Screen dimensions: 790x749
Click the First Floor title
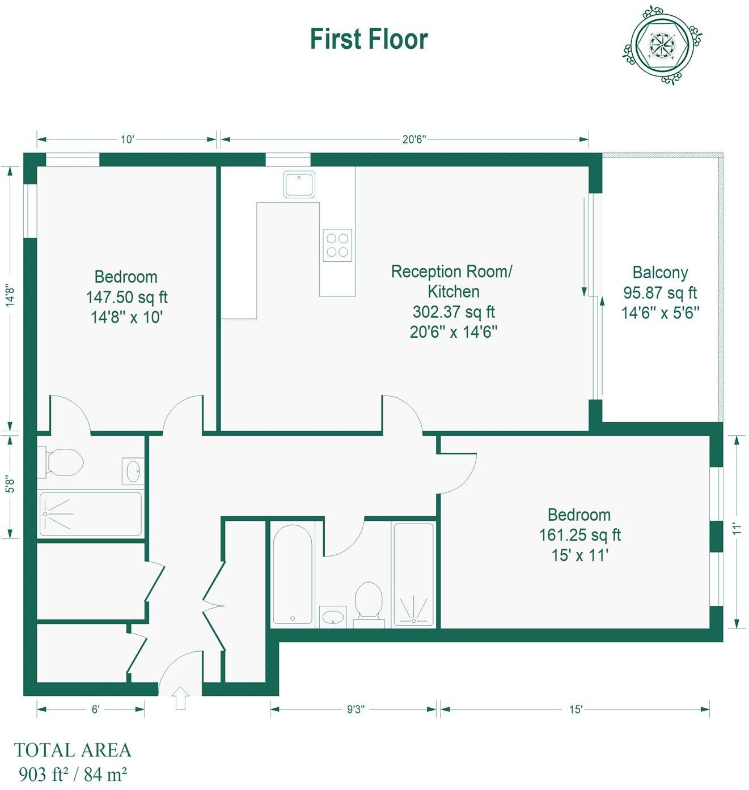coord(369,39)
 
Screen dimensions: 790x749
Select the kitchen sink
coord(299,184)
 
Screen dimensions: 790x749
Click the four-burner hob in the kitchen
coord(337,245)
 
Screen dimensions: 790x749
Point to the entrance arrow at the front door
coord(181,698)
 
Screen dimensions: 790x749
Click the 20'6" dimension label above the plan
coord(413,139)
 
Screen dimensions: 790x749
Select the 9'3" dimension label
coord(356,710)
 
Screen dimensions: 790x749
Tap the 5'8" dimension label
coord(10,484)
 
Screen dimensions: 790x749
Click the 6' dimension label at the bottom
coord(95,710)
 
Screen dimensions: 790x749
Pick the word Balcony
coord(660,273)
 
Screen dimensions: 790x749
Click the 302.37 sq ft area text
coord(454,312)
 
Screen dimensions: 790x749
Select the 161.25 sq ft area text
coord(579,535)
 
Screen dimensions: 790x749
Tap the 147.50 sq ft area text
coord(126,297)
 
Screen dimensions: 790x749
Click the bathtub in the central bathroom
coord(293,574)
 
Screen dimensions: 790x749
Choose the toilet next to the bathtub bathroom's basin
coord(369,601)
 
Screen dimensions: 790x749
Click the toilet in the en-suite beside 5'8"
coord(64,462)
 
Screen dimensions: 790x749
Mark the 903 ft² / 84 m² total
coord(73,774)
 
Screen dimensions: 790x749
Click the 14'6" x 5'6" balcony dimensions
coord(660,313)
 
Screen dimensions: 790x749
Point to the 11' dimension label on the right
coord(737,529)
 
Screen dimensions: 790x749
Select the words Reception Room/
coord(451,271)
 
